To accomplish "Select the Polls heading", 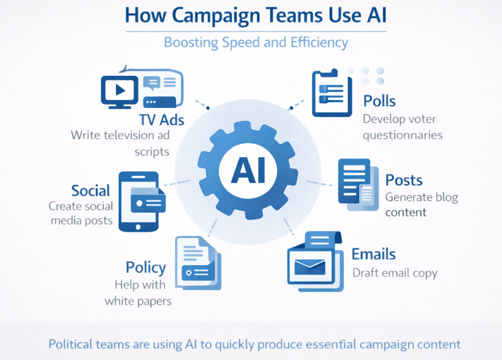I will (380, 100).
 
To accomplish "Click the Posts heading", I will (403, 180).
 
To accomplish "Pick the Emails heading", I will (374, 254).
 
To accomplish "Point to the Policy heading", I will (145, 267).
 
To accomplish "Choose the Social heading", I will (90, 191).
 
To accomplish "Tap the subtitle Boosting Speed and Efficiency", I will (255, 42).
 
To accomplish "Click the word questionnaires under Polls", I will (403, 134).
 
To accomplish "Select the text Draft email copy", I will (395, 273).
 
